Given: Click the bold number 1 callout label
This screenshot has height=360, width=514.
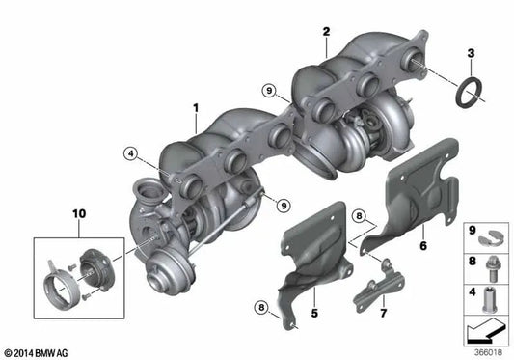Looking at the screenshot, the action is [196, 108].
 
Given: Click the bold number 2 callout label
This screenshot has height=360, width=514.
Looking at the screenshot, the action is [326, 32].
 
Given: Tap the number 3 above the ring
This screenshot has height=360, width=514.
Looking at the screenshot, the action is [471, 53].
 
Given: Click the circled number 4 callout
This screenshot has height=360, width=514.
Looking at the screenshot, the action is [131, 153].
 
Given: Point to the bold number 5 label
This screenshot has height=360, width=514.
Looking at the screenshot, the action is [314, 313].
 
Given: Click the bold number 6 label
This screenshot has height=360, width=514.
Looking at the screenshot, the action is [423, 245].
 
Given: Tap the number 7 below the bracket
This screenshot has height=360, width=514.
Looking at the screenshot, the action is [383, 313].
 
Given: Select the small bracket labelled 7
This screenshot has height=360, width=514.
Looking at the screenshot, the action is [379, 286].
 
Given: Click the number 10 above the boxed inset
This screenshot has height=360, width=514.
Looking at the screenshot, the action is [79, 214].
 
